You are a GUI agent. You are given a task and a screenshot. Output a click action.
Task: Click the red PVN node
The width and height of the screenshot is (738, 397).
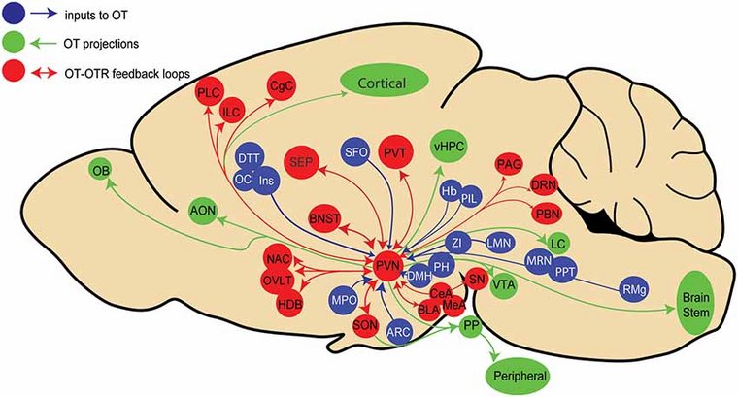coord(389,264)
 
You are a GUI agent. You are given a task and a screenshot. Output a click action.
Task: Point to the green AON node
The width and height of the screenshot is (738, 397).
coord(202,210)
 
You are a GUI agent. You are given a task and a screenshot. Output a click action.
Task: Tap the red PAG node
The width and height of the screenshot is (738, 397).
coord(509,163)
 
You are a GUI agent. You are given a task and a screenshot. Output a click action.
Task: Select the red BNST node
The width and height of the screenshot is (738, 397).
coord(326,219)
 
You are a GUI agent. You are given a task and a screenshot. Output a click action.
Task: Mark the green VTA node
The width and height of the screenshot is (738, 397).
coord(503,284)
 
